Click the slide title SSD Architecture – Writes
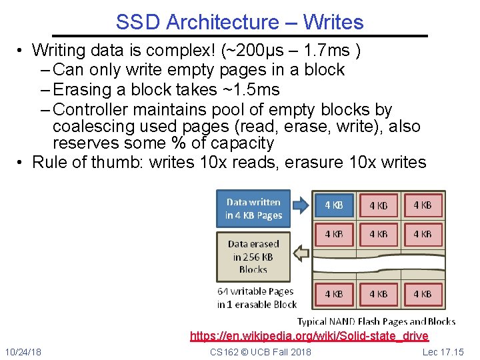click(239, 22)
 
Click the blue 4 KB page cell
click(333, 205)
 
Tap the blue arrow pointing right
click(301, 205)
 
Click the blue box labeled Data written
click(253, 209)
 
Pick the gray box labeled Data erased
click(253, 256)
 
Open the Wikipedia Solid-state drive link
click(309, 335)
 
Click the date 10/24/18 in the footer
click(23, 351)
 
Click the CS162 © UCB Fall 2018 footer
click(260, 351)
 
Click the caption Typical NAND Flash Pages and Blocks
click(376, 321)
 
